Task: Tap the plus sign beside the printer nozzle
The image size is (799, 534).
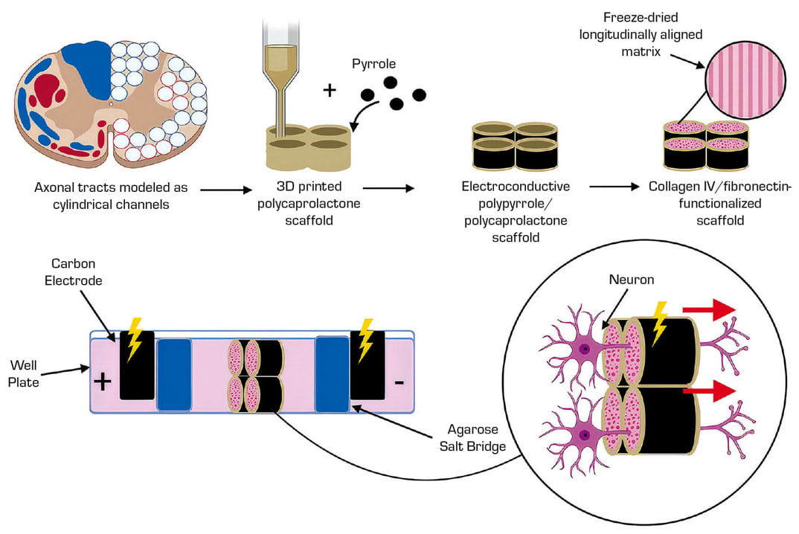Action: click(330, 91)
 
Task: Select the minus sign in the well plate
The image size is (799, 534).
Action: click(399, 383)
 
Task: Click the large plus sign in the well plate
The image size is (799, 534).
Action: click(103, 382)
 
